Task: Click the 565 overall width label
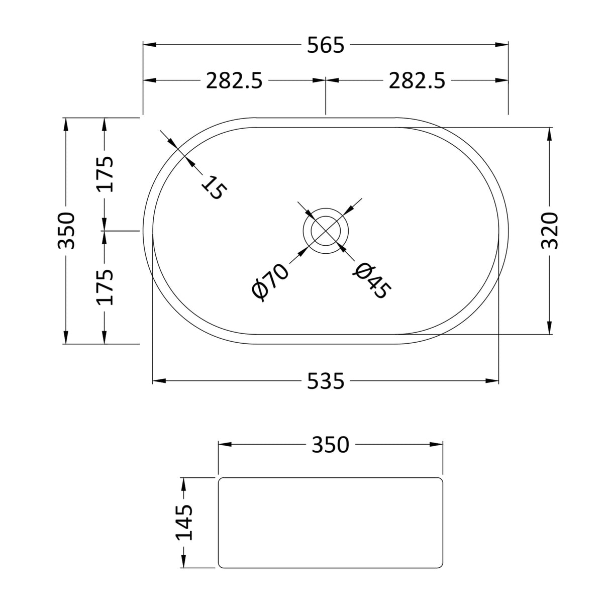click(x=326, y=45)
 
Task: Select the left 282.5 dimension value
click(x=234, y=80)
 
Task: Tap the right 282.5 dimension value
click(x=417, y=80)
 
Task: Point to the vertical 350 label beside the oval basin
click(x=66, y=231)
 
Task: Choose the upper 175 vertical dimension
click(x=106, y=174)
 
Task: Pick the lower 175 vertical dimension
click(x=106, y=287)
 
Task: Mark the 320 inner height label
click(x=550, y=231)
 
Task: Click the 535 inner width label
click(x=326, y=381)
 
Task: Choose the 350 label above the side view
click(x=330, y=445)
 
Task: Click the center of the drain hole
click(x=326, y=231)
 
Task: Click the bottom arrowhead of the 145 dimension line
click(x=184, y=562)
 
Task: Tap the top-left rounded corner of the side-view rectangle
click(x=221, y=481)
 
